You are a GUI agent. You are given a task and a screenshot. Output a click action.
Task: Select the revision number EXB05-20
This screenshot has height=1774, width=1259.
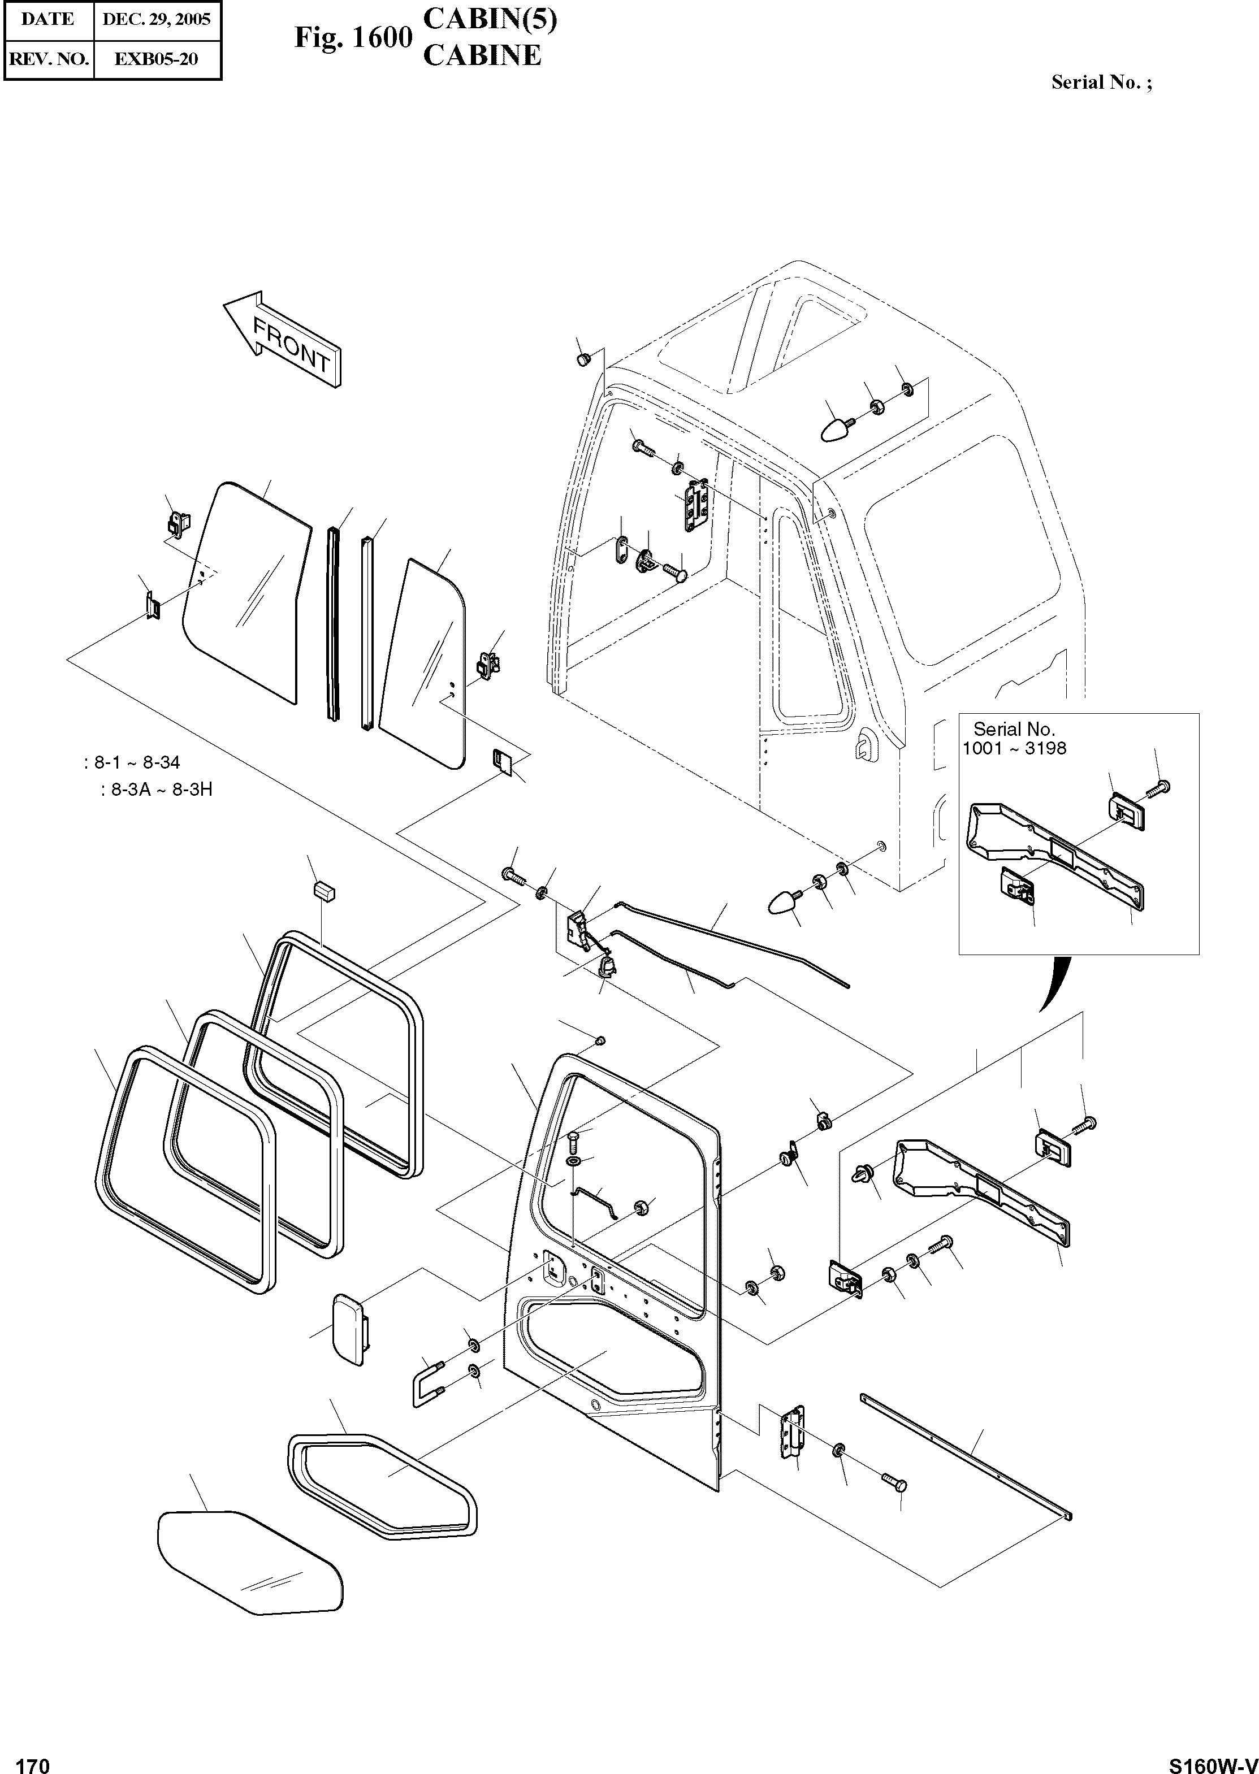tap(157, 59)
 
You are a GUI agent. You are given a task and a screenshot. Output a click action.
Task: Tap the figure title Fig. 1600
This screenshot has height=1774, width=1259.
tap(353, 37)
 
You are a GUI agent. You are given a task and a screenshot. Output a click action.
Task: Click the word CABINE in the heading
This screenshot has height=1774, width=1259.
tap(482, 56)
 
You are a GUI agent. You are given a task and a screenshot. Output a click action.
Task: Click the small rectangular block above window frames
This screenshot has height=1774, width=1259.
tap(324, 891)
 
